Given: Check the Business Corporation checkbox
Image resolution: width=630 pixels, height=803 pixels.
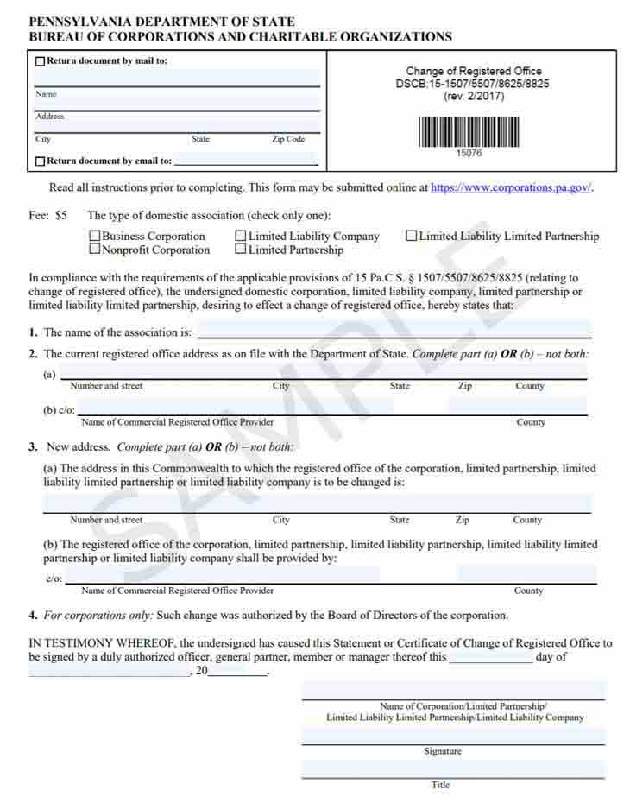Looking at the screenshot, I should pos(95,237).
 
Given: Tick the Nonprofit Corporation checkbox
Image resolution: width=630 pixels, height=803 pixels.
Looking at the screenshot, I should pos(95,250).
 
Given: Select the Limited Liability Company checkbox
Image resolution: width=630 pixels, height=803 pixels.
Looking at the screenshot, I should pos(241,237).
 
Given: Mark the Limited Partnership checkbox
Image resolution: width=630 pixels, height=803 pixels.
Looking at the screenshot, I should pos(241,250).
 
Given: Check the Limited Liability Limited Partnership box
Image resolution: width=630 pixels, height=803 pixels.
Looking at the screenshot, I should pos(412,237).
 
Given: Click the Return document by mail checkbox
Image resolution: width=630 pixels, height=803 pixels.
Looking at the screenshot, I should pos(40,61).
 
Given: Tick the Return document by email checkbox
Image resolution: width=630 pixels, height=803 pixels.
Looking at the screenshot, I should pos(40,161).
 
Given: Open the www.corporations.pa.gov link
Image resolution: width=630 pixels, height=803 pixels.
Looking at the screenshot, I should pos(511,187).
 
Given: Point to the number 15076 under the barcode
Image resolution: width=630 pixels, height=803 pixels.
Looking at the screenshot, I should pos(469,154).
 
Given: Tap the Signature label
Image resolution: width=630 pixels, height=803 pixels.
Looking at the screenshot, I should pos(443,751).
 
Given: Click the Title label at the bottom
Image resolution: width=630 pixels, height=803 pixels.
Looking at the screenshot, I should pos(441,785).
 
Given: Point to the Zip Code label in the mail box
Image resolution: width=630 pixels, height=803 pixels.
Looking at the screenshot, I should pos(288,139).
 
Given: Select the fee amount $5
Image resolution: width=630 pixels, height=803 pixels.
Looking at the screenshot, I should pos(61,215).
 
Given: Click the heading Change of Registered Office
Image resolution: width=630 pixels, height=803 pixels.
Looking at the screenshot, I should pos(474,72).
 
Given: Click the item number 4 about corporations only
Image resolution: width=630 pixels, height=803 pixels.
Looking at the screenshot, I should pos(33,616).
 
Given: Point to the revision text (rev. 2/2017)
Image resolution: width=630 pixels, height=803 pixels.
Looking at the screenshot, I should pos(474,97).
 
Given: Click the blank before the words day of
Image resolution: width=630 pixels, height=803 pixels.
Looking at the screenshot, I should pos(490,656).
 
